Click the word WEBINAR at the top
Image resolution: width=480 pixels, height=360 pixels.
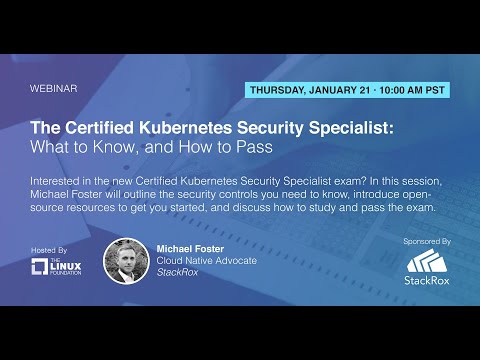click(x=54, y=88)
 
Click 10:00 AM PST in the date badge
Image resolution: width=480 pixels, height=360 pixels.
click(x=405, y=89)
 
